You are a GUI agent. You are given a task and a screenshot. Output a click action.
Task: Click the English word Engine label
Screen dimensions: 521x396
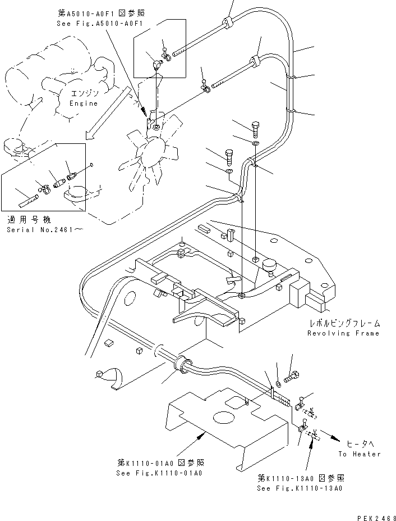(83, 103)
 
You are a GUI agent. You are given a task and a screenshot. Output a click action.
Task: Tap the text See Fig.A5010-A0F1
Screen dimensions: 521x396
(93, 24)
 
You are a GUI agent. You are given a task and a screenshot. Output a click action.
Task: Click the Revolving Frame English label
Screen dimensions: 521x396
(343, 333)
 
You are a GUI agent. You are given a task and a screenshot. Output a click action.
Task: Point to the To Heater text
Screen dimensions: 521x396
(359, 454)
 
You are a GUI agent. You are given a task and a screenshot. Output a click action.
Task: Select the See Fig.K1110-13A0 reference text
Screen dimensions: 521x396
(300, 488)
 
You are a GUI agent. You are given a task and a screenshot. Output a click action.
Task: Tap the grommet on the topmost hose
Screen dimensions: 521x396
(228, 23)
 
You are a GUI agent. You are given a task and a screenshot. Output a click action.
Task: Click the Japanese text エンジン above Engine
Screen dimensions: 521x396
(84, 93)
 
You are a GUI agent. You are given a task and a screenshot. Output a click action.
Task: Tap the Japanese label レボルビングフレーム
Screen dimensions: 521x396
(344, 323)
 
